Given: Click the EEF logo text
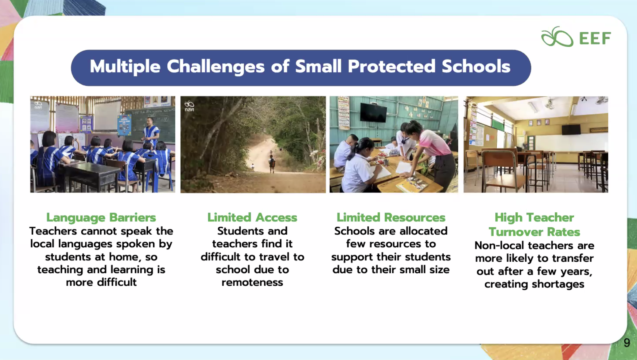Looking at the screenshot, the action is click(x=595, y=38).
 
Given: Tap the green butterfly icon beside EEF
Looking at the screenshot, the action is click(x=557, y=37).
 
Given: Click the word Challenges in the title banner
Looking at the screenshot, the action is click(x=216, y=67).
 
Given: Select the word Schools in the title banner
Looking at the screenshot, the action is click(x=476, y=66).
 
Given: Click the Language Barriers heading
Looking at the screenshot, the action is click(x=101, y=217).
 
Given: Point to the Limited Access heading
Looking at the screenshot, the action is click(x=252, y=217).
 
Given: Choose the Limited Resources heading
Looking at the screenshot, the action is click(x=391, y=217).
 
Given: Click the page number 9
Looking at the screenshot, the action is click(x=627, y=342).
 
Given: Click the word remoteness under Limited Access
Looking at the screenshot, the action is click(x=252, y=282).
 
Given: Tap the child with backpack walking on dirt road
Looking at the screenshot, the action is click(x=272, y=164).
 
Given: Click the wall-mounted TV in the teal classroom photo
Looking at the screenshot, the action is click(x=373, y=112).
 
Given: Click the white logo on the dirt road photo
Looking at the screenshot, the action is click(x=189, y=106).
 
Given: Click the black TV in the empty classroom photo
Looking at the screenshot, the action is click(x=571, y=129).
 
